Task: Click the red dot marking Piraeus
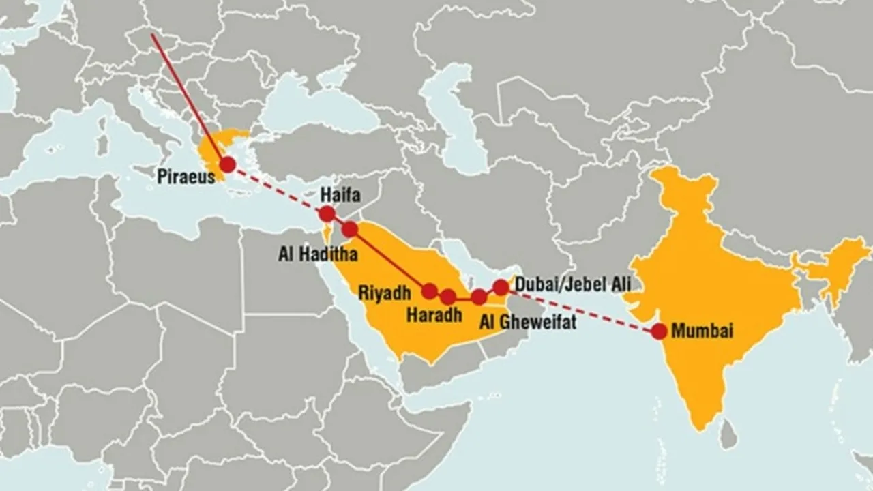227,164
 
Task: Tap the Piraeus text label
186,177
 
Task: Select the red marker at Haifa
327,214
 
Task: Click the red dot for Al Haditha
349,229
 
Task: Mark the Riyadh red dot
430,291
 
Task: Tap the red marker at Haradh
448,297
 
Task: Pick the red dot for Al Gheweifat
479,296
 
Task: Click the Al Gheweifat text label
527,321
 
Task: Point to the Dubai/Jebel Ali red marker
501,287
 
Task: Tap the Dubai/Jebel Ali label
573,283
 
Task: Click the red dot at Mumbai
659,331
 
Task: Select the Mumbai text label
702,331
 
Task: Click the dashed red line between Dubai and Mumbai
580,310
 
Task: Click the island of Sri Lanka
728,435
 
